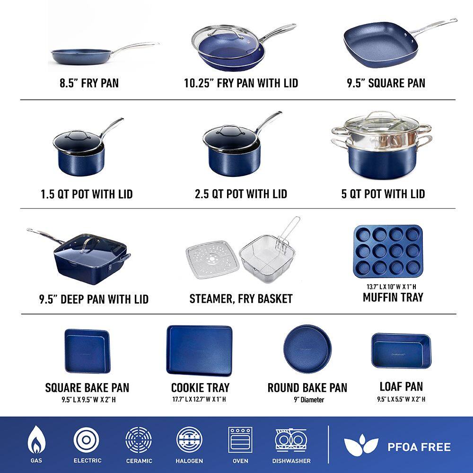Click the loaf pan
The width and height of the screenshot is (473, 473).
pos(401,350)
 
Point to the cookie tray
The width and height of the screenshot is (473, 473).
pos(199,350)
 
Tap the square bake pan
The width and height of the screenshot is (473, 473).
pos(86,350)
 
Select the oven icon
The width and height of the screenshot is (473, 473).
pos(240,440)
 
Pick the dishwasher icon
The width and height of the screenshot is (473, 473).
pos(291,440)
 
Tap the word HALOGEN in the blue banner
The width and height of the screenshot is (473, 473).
pos(190,461)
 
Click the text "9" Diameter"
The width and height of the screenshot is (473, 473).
pos(308,400)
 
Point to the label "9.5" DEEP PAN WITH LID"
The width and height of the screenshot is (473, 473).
pos(94,299)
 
